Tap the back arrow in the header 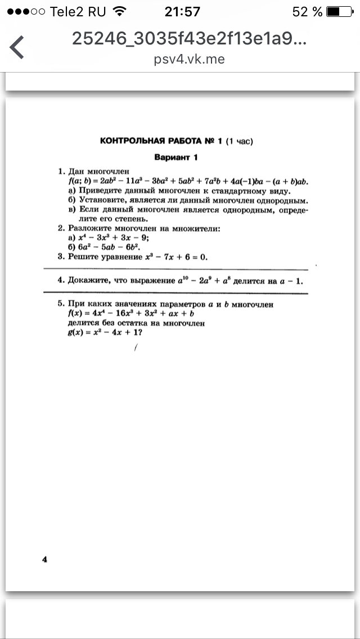(17, 47)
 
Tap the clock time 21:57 (182, 11)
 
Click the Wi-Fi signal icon (119, 11)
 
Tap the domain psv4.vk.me (189, 59)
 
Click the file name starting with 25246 (189, 38)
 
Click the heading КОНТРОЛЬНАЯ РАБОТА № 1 (161, 141)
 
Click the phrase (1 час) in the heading (239, 141)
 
